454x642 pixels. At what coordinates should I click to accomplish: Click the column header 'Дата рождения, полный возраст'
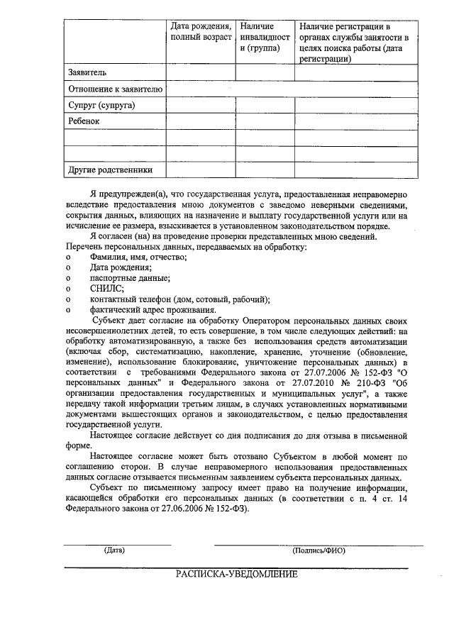tap(201, 31)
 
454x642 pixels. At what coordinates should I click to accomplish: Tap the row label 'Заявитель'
tap(87, 72)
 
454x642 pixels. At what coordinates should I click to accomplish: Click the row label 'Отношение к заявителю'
tap(116, 89)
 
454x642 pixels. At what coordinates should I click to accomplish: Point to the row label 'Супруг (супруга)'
tap(101, 105)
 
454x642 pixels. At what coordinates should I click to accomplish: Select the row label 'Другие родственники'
tap(110, 170)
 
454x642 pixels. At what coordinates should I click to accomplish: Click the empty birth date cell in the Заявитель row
tap(201, 72)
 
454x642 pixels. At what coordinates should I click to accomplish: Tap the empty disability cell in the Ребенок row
tap(265, 121)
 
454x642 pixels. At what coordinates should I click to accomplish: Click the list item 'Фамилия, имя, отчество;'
tap(138, 257)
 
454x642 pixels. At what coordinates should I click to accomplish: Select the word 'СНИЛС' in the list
tap(106, 289)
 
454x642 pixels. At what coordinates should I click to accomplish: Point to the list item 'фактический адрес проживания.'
tap(153, 310)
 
